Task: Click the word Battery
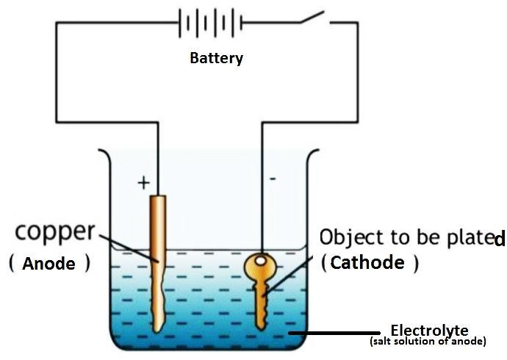216,58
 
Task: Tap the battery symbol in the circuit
210,23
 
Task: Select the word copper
55,232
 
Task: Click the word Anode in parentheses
49,262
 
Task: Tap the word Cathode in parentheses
368,262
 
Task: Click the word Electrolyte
429,330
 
